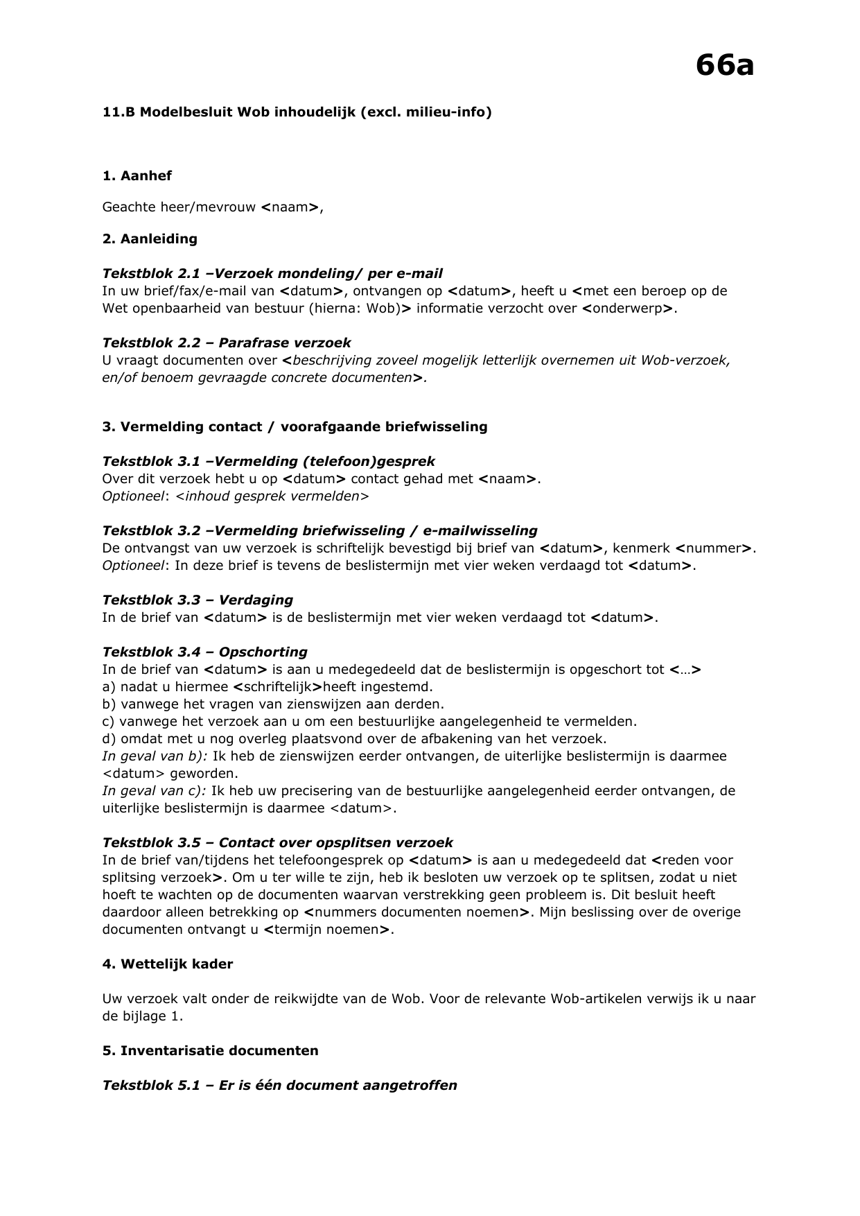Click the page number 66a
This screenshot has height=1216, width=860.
(x=724, y=67)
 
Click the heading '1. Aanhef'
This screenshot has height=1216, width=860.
(x=137, y=176)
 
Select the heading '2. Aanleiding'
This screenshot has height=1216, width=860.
(x=150, y=239)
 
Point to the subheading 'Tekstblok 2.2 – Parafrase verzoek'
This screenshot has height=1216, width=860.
(x=227, y=343)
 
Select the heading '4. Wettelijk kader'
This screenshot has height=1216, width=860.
(x=167, y=964)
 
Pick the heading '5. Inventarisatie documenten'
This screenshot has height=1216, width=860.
(x=210, y=1051)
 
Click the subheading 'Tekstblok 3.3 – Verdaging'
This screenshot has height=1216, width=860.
(x=198, y=600)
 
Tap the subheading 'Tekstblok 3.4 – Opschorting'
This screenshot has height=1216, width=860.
(x=204, y=652)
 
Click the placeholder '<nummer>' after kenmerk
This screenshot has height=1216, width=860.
(x=714, y=548)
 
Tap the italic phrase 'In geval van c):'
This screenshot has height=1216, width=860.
(x=154, y=791)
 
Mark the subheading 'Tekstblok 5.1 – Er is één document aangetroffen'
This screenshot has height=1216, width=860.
(x=279, y=1086)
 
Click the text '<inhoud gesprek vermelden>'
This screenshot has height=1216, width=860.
(x=272, y=496)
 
